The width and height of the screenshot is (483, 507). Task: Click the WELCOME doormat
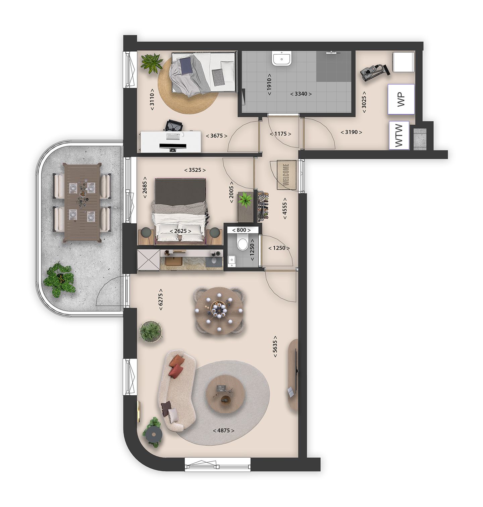click(x=286, y=175)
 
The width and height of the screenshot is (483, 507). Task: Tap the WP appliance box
click(x=401, y=99)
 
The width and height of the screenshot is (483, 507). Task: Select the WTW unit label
click(x=399, y=135)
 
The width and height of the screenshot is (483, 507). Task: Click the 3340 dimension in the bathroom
click(x=301, y=94)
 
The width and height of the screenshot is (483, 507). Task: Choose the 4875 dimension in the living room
click(x=223, y=431)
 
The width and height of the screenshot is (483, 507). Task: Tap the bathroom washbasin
click(x=281, y=58)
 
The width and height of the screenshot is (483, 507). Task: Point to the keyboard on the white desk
click(x=173, y=136)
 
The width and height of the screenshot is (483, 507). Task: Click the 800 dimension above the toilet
click(x=241, y=230)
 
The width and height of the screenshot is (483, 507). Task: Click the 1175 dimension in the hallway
click(x=280, y=134)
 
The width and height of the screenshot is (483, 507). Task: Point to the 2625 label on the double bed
click(x=180, y=231)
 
